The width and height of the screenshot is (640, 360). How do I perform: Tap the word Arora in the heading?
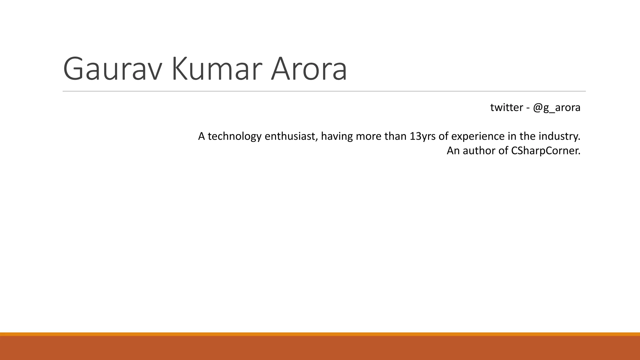pos(309,69)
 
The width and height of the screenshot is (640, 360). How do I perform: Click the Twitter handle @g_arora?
pos(557,107)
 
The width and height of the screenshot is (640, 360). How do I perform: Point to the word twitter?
pos(507,107)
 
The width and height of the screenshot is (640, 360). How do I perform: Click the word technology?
pos(234,136)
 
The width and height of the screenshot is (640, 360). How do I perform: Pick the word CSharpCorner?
pos(545,151)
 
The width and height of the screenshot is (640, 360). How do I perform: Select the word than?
pos(395,136)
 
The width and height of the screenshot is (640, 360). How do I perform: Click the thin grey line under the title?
pos(324,91)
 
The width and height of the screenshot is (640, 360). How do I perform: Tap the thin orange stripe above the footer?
pos(320,334)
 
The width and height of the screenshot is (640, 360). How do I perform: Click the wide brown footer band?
pos(320,348)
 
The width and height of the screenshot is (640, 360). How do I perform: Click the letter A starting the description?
pos(202,136)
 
